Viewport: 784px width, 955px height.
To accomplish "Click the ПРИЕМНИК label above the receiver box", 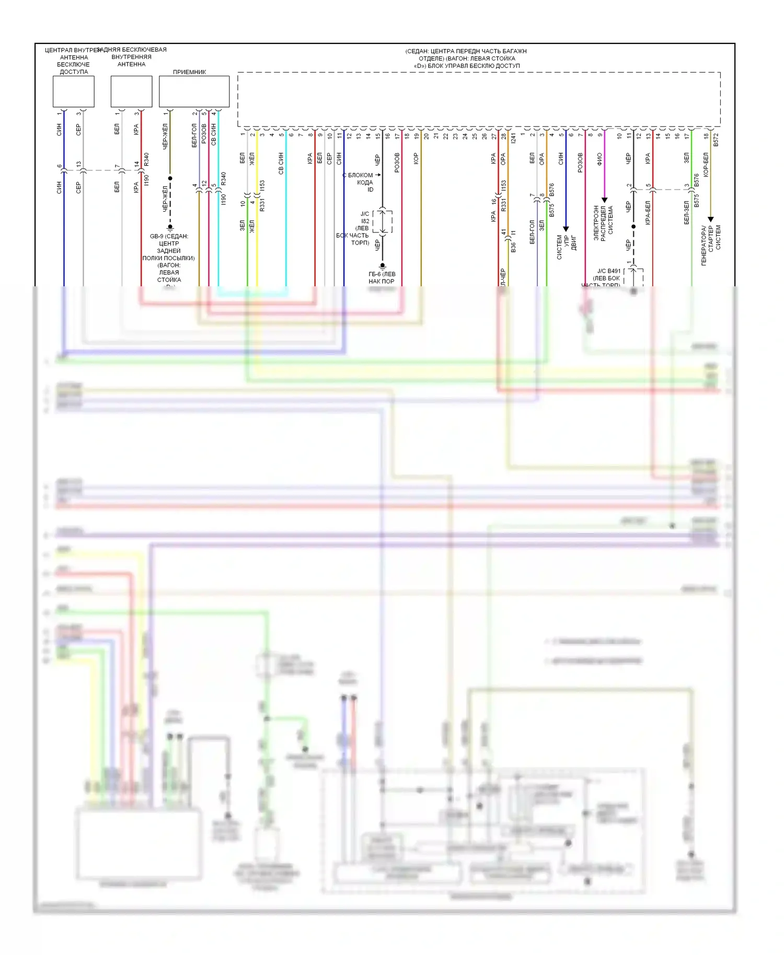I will [189, 72].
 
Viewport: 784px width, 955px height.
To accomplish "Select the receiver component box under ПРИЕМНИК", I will [194, 91].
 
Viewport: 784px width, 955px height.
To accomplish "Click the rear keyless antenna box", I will [131, 91].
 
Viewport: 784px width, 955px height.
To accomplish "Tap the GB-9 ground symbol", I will [170, 228].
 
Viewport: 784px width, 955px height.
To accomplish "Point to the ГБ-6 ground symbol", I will [382, 266].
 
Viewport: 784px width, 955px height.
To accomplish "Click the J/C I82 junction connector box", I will [383, 221].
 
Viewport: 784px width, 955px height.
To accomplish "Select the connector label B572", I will [716, 139].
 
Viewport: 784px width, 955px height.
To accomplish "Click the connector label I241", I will [513, 139].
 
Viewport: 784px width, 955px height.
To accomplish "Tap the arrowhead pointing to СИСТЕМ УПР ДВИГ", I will [566, 229].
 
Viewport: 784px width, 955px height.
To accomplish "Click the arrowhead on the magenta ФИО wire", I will [604, 200].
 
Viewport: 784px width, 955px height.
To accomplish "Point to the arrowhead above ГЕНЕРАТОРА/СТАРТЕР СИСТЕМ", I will [710, 219].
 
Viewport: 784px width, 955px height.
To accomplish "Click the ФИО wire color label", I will [599, 159].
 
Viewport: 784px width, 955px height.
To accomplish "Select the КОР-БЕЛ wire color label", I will [706, 165].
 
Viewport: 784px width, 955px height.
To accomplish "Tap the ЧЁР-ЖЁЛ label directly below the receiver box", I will [165, 137].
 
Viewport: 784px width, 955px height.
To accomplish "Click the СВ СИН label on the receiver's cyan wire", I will [214, 134].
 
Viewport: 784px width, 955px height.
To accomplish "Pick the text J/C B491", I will [609, 271].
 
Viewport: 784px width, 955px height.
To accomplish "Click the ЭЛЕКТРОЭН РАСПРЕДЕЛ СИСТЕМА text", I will [603, 223].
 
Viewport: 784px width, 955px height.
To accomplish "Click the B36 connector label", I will [513, 247].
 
